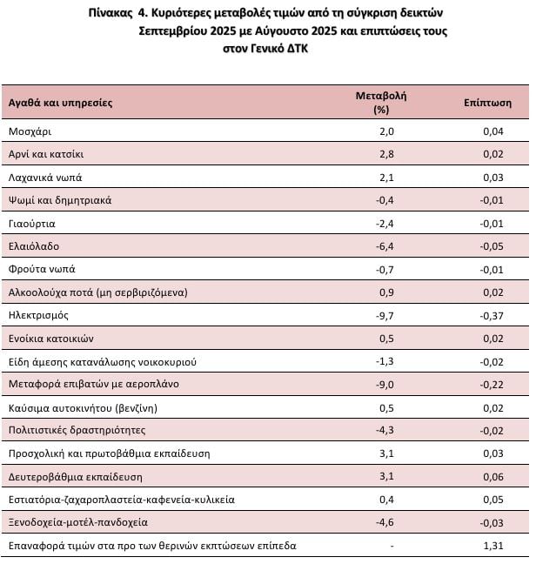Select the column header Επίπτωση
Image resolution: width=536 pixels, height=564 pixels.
pos(487,103)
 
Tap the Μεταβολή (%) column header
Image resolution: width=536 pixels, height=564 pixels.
pos(381,103)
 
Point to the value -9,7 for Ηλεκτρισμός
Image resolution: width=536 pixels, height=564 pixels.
pos(385,315)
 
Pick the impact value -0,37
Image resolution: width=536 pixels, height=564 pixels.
pos(492,315)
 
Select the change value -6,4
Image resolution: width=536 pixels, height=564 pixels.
pos(385,246)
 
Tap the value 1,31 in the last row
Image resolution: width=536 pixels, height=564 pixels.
pos(493,546)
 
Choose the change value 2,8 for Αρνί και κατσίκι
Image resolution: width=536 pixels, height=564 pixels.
pos(387,154)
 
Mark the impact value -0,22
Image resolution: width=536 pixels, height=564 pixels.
pos(492,384)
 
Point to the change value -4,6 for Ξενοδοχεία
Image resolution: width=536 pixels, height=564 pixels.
pos(385,522)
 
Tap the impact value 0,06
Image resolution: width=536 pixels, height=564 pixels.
pos(493,476)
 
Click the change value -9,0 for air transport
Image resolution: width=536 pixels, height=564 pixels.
pos(385,384)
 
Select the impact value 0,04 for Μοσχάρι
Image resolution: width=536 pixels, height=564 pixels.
pos(493,131)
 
